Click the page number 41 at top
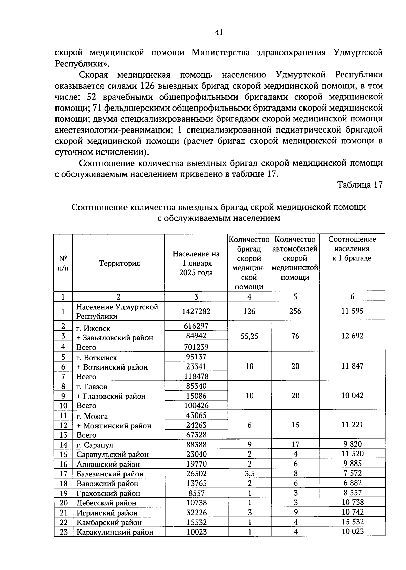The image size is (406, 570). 219,32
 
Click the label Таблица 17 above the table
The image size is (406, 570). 360,185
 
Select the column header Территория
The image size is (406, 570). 119,263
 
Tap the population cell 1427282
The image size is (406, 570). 196,311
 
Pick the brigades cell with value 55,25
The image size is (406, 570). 249,336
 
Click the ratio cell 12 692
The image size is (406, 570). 352,336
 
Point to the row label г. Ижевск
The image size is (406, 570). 93,328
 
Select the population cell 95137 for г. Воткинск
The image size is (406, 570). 196,357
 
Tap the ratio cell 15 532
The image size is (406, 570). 352,522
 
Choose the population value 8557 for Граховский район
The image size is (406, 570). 196,493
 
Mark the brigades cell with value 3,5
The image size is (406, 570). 249,474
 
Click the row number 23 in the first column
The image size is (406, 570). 64,532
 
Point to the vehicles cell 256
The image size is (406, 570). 295,311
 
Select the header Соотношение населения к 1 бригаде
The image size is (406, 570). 352,248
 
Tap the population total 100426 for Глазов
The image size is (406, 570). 196,405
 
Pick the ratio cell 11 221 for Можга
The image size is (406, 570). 352,425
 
